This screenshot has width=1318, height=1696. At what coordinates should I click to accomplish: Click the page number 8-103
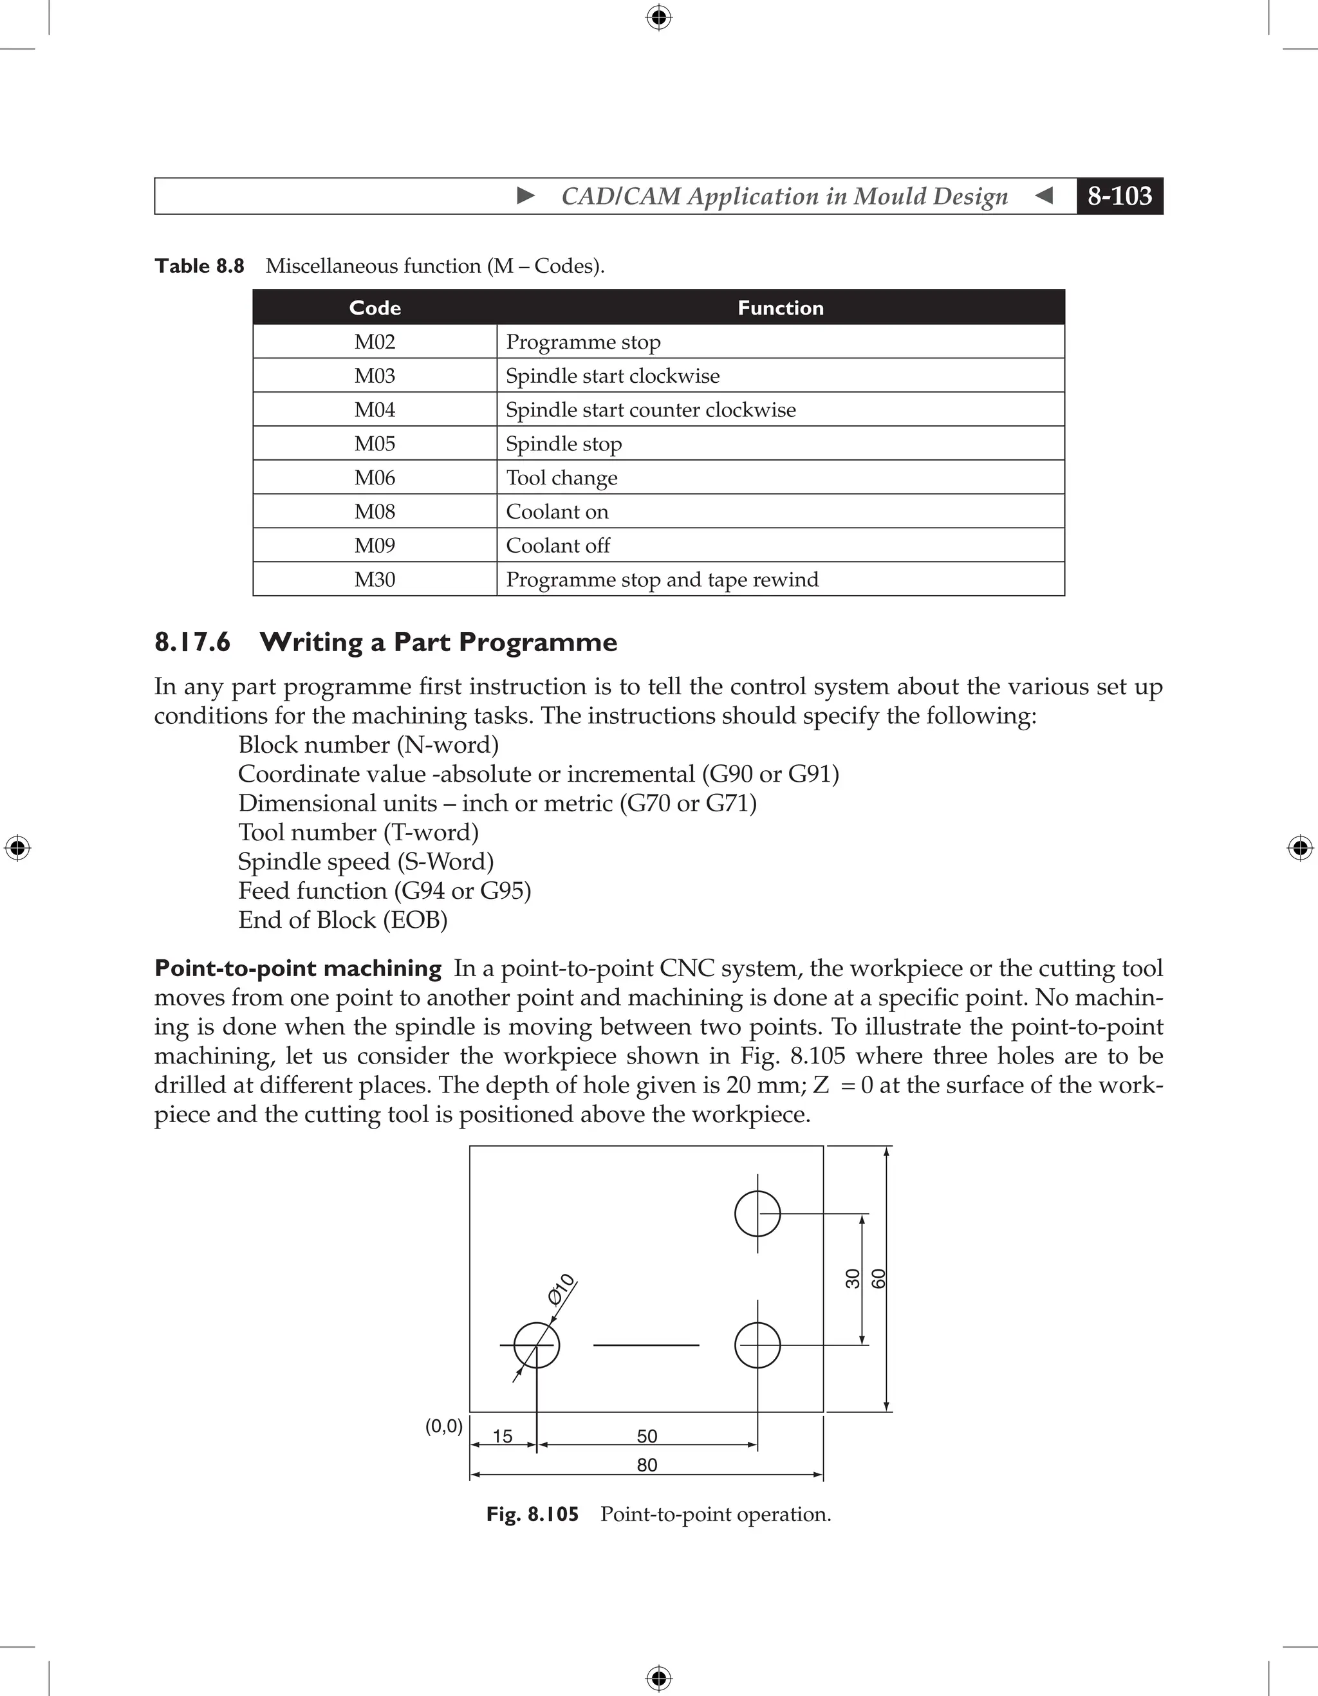pos(1119,196)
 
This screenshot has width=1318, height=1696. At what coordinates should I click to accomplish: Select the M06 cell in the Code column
pos(375,477)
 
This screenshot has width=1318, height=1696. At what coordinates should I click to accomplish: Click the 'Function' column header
pos(780,308)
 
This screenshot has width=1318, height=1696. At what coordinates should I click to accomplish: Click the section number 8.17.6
pos(192,642)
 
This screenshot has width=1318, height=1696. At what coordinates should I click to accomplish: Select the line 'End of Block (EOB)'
pos(342,920)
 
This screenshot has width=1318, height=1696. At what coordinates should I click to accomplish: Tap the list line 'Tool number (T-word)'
pos(358,833)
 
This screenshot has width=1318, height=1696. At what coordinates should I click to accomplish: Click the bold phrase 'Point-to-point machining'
pos(298,968)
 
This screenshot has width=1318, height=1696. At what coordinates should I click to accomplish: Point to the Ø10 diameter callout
pos(561,1289)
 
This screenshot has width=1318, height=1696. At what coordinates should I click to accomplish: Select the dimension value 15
pos(503,1436)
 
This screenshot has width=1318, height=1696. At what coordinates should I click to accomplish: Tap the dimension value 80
pos(646,1464)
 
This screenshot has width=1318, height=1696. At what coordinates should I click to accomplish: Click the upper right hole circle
pos(757,1213)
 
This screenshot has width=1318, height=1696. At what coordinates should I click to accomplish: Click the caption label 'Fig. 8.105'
pos(532,1515)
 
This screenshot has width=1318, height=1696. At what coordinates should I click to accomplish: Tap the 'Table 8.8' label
pos(200,266)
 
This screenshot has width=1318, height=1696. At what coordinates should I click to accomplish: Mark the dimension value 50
pos(646,1436)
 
